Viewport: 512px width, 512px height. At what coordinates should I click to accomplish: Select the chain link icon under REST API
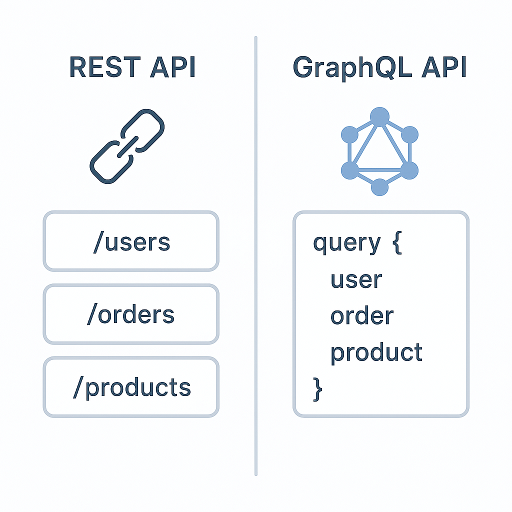(x=127, y=145)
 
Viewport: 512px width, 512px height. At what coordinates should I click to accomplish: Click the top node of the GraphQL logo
(x=379, y=116)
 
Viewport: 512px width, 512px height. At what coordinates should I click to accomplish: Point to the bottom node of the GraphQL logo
(x=379, y=187)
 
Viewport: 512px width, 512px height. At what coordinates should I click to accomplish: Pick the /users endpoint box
(x=131, y=241)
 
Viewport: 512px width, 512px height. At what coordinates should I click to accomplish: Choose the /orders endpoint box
(x=131, y=314)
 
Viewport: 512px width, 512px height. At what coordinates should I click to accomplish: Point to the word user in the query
(x=356, y=279)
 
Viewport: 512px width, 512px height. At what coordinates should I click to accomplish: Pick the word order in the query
(x=361, y=316)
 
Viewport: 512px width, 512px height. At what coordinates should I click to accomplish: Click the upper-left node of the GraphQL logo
(x=349, y=134)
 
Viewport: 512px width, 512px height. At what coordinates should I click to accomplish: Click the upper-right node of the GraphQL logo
(x=409, y=134)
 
